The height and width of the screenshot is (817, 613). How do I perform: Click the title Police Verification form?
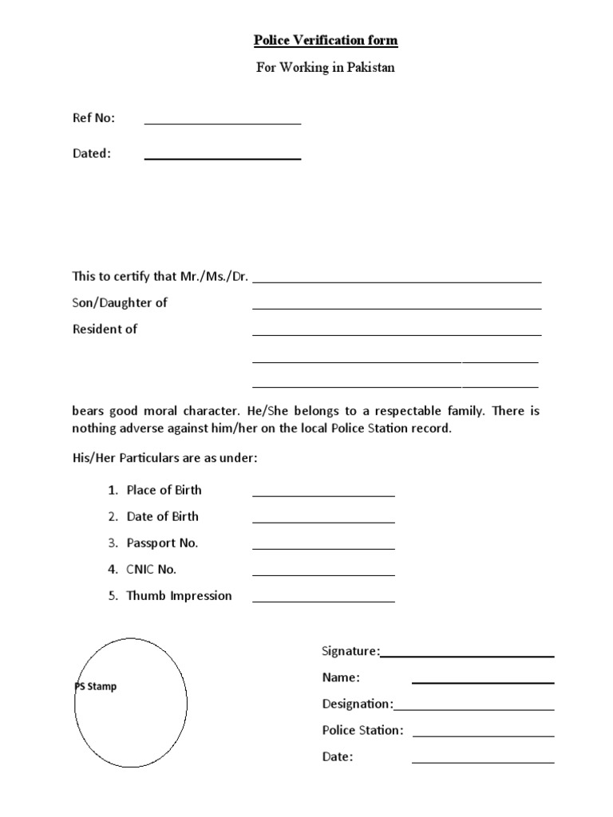point(325,41)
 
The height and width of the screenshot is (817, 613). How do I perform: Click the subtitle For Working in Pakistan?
point(325,68)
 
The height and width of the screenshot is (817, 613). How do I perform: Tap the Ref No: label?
point(94,118)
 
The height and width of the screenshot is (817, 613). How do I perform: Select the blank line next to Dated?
point(222,158)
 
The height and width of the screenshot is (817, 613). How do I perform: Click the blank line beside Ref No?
point(222,123)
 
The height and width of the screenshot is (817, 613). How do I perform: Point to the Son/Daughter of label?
point(120,303)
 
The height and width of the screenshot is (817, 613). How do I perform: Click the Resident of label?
point(105,330)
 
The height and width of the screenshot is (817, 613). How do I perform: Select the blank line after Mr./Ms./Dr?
point(397,281)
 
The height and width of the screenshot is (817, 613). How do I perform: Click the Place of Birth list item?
point(164,490)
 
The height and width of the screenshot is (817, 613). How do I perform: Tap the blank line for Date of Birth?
point(323,522)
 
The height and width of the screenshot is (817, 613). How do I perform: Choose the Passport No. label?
point(162,543)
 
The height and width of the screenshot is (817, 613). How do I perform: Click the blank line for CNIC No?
point(323,574)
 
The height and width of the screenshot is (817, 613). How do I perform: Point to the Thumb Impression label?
point(179,596)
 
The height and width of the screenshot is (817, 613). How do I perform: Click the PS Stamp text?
point(96,686)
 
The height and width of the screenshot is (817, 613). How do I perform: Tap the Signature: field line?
point(467,656)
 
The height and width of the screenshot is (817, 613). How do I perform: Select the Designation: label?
point(357,704)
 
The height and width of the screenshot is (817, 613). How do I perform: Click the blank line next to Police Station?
point(483,736)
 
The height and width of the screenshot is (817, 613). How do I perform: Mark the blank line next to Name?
point(483,682)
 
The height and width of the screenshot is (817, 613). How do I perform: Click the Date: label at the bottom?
point(337,756)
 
